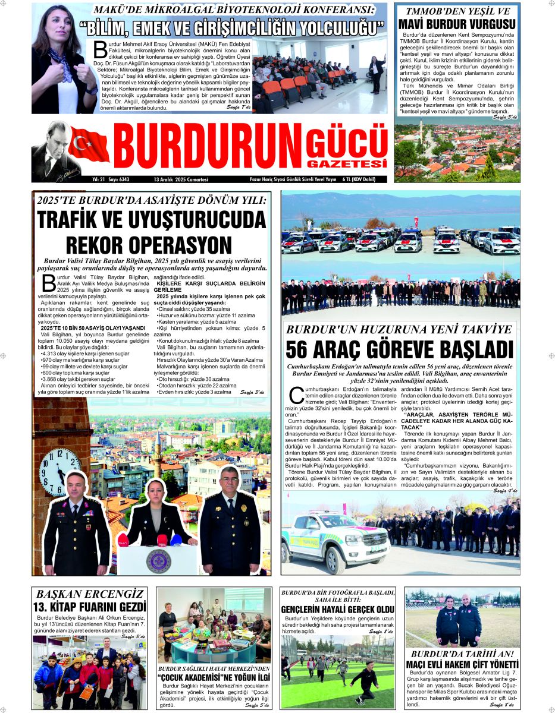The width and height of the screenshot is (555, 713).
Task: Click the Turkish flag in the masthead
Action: click(89, 144)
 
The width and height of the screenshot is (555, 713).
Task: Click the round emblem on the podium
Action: click(158, 560)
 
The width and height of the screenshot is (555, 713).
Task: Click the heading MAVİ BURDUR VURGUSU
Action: click(457, 25)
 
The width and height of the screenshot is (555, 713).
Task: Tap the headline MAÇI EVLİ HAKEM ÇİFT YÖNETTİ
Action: click(462, 663)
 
